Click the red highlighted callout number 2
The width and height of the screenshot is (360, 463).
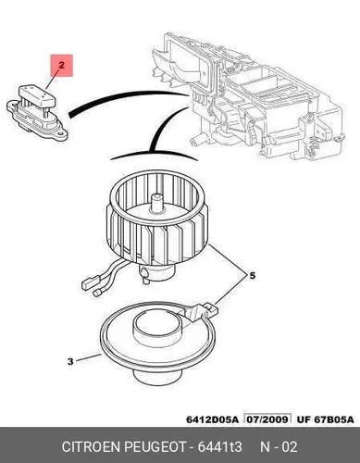(x=61, y=66)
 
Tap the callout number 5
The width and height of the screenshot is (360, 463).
(x=253, y=275)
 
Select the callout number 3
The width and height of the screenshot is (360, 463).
(x=70, y=361)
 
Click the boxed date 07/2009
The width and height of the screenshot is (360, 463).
(x=267, y=419)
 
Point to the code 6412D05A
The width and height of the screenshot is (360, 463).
(x=213, y=419)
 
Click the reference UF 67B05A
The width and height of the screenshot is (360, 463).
(x=326, y=419)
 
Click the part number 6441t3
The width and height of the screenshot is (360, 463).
(x=219, y=446)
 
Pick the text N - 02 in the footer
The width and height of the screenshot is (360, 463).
(x=279, y=446)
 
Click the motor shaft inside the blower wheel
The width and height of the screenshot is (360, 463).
(x=157, y=203)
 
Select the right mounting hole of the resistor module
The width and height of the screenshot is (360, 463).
(x=62, y=134)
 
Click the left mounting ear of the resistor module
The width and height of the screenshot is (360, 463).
(x=12, y=106)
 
